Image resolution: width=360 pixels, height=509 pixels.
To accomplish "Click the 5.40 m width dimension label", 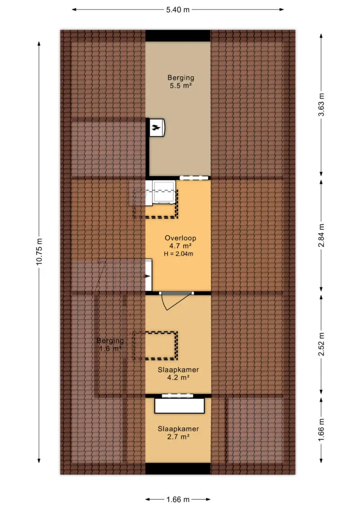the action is [x=178, y=10].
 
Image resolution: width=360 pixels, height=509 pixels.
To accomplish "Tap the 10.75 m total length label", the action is [x=39, y=252].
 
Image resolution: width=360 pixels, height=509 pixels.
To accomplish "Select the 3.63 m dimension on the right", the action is [x=321, y=105].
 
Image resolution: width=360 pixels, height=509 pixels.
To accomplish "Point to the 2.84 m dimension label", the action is [x=321, y=235].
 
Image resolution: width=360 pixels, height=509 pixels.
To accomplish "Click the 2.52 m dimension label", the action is [x=321, y=344].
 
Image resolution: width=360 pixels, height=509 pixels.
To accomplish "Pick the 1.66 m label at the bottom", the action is [x=178, y=499].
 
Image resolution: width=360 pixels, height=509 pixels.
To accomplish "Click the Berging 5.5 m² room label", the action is [x=181, y=82].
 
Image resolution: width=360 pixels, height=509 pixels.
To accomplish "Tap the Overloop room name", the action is [x=180, y=238].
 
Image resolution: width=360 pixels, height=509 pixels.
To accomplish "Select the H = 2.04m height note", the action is [x=179, y=254].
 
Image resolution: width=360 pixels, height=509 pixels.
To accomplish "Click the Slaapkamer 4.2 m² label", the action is [x=178, y=373].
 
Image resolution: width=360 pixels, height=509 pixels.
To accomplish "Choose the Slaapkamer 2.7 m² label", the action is [x=178, y=433].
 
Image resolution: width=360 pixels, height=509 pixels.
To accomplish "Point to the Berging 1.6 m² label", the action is [x=110, y=345].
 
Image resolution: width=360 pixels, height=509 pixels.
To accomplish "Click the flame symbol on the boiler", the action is [x=157, y=127].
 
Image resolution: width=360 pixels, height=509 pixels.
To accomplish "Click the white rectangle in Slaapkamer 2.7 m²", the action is [x=180, y=406].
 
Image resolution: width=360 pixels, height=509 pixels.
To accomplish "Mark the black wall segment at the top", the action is [x=178, y=36].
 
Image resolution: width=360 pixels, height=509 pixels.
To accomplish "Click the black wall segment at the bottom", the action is [x=178, y=469].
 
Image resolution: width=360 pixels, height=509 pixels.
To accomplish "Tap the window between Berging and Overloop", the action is [x=194, y=178].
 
